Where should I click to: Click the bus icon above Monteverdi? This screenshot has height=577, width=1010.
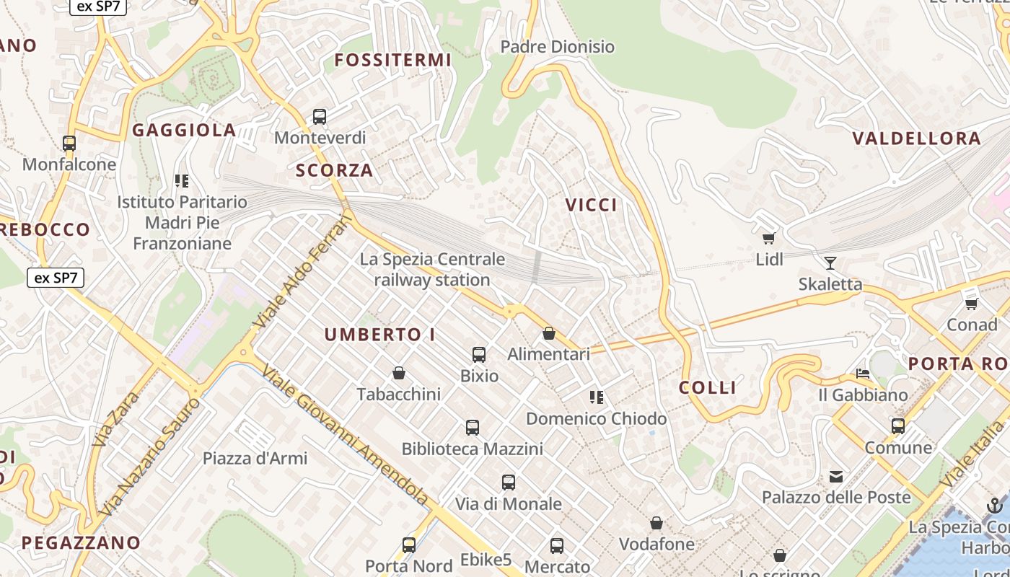(x=320, y=116)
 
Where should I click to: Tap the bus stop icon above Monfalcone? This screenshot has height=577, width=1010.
(x=69, y=143)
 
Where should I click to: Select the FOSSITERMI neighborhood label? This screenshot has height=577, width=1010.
(x=393, y=60)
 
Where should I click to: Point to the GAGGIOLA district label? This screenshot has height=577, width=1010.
(x=184, y=130)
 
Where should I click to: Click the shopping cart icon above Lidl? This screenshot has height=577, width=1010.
(x=769, y=238)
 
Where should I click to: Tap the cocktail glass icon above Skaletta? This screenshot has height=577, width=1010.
(x=830, y=263)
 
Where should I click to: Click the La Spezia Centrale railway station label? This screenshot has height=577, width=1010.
(x=432, y=269)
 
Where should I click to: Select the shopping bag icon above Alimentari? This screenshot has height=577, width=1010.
(x=549, y=333)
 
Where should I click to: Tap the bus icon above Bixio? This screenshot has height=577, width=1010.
(x=479, y=354)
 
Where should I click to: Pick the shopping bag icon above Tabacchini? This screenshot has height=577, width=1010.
(x=399, y=373)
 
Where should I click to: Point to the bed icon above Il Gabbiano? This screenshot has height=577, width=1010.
(x=862, y=374)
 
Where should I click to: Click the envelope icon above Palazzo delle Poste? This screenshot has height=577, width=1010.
(x=836, y=476)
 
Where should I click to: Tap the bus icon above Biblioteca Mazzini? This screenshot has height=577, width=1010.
(x=473, y=428)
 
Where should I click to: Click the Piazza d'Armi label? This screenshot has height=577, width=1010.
(x=255, y=458)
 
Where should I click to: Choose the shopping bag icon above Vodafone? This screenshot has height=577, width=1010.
(x=656, y=523)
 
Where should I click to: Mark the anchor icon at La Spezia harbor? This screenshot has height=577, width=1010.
(x=995, y=505)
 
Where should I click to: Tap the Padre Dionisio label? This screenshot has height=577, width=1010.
(x=557, y=47)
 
